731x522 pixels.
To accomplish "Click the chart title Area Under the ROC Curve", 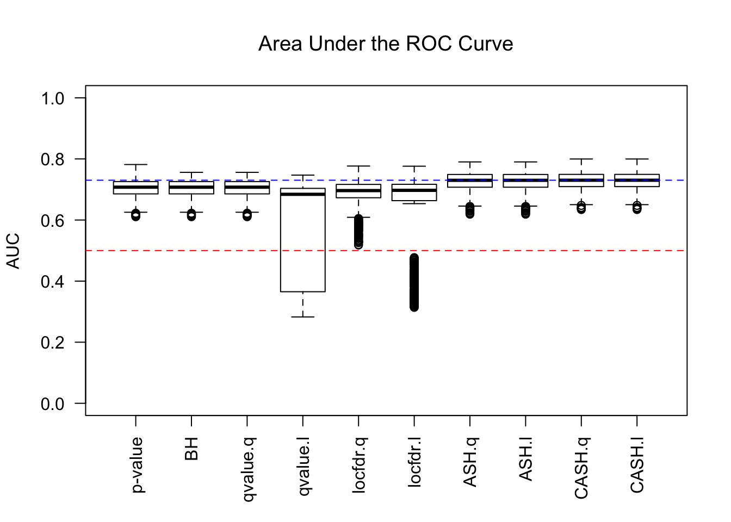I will click(386, 44).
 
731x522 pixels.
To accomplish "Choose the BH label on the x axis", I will click(191, 449).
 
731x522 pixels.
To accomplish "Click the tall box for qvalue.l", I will click(303, 245).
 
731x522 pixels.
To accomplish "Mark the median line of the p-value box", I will click(135, 187).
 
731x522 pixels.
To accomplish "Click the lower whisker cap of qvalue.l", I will click(303, 316).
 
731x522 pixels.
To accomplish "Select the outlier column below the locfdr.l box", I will click(414, 283).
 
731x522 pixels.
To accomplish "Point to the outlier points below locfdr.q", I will click(359, 231).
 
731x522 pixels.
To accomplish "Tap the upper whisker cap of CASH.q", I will click(581, 159).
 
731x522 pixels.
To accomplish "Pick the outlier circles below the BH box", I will click(191, 215).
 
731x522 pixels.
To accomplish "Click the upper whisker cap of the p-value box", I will click(135, 164).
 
